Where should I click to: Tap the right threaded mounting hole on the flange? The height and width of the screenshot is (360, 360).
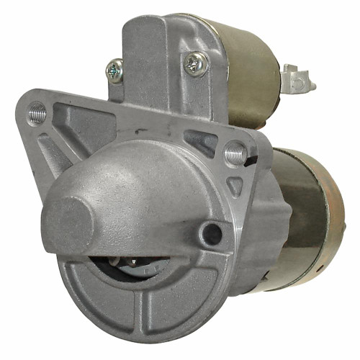(233, 153)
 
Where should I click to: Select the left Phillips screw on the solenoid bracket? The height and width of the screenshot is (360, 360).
(114, 70)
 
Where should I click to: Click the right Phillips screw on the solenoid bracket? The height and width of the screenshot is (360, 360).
(194, 65)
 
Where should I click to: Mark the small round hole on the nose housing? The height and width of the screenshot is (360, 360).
(210, 232)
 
